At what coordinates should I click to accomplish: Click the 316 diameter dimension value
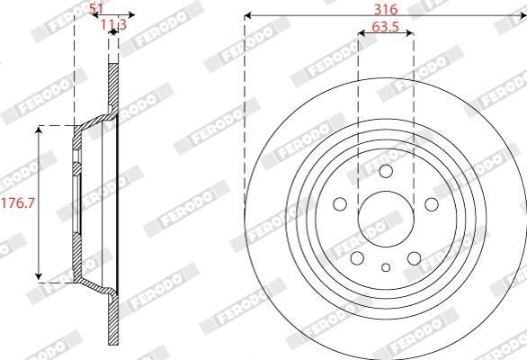pyautogui.click(x=386, y=7)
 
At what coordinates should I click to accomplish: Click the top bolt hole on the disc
pyautogui.click(x=386, y=173)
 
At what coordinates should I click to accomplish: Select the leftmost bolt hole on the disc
pyautogui.click(x=342, y=204)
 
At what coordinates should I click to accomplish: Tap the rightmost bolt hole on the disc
pyautogui.click(x=430, y=204)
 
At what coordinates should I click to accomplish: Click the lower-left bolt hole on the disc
pyautogui.click(x=359, y=258)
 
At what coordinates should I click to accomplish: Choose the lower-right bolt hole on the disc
pyautogui.click(x=414, y=258)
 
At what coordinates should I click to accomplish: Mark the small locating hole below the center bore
pyautogui.click(x=386, y=266)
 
